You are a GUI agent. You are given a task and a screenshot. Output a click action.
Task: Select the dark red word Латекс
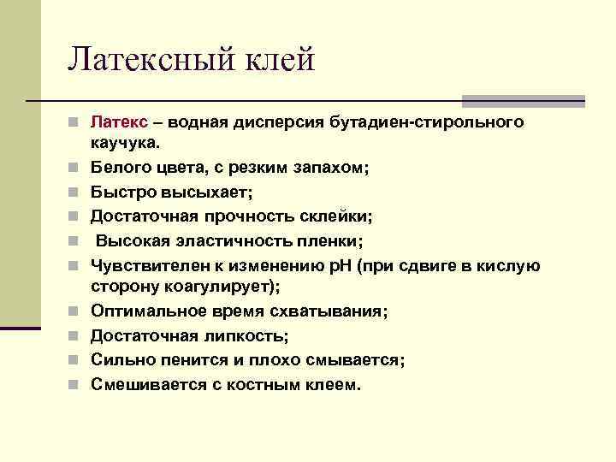pyautogui.click(x=119, y=123)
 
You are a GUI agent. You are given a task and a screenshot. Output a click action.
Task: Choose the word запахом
pyautogui.click(x=329, y=169)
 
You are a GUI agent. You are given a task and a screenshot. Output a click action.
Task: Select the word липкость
pyautogui.click(x=248, y=336)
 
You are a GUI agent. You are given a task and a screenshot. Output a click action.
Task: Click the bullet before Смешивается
pyautogui.click(x=77, y=385)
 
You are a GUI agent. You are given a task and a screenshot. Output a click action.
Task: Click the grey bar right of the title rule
pyautogui.click(x=523, y=100)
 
